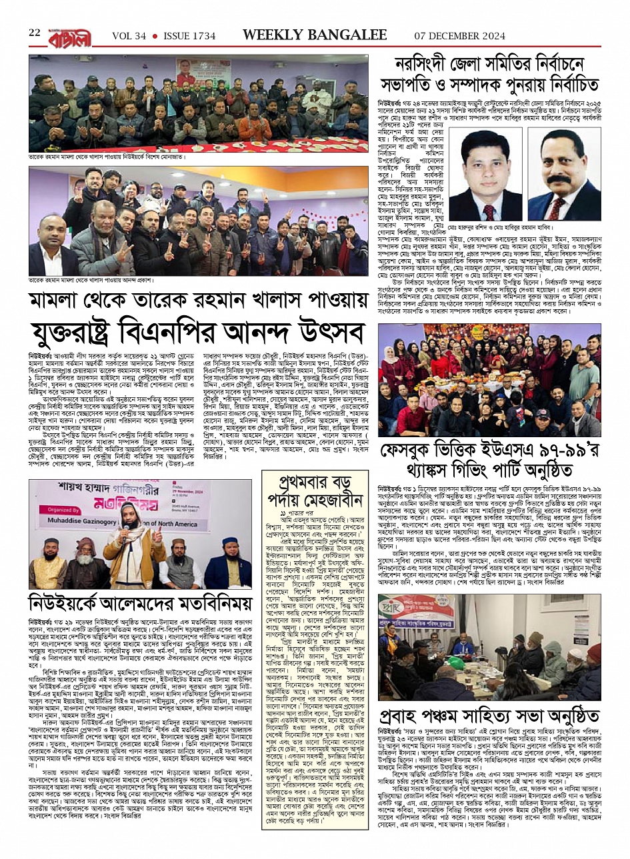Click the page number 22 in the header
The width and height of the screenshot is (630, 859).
35,32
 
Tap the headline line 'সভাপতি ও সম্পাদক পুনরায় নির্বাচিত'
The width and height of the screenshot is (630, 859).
489,85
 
